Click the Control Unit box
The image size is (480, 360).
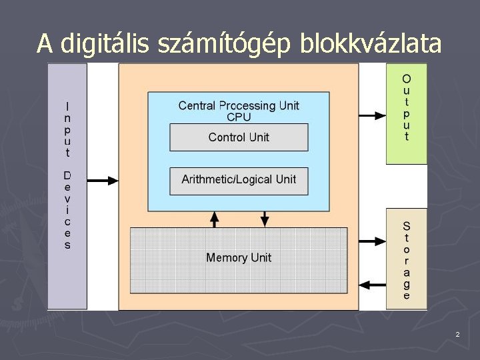(239, 137)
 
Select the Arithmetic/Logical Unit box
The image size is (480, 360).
(239, 180)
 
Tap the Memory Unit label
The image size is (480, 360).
(239, 258)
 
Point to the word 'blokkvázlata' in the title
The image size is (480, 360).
(371, 45)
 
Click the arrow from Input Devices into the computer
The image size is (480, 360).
(103, 179)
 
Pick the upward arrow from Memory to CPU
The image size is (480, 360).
(214, 219)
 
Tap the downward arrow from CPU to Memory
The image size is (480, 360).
(265, 219)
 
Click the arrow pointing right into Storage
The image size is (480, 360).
(373, 239)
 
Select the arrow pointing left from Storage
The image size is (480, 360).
(373, 284)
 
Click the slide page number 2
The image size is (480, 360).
(457, 334)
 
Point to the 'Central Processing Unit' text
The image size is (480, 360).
(239, 105)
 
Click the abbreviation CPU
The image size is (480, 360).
(239, 117)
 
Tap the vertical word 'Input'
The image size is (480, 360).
(67, 129)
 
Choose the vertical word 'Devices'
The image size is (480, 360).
(67, 210)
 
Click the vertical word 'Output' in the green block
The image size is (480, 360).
(407, 108)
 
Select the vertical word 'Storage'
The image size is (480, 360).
(407, 260)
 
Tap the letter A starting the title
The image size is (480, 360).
(45, 45)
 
